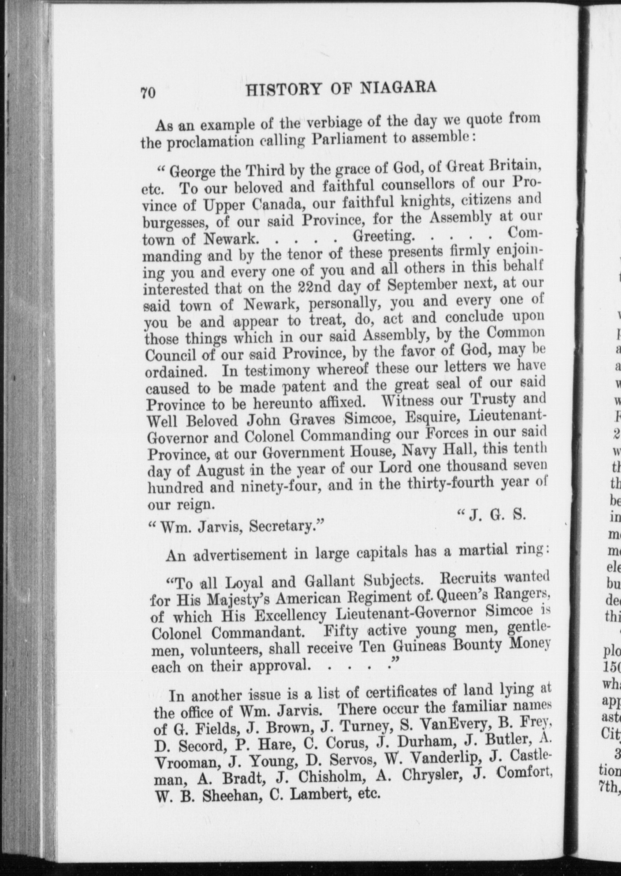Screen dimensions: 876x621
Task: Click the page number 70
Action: pos(148,93)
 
